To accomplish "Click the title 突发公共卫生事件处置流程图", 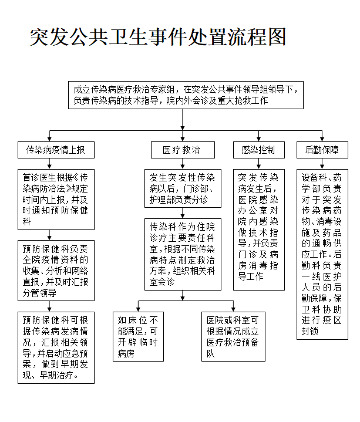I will coord(158,36).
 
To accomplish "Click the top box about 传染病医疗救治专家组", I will coord(186,96).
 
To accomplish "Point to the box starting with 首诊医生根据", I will coord(56,199).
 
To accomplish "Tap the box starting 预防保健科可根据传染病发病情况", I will coord(56,347).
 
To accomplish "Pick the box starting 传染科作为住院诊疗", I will coord(183,254).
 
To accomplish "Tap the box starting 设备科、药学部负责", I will coord(322,254).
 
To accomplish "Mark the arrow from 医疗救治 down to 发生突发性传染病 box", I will coord(182,164).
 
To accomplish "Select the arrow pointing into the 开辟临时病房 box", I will coord(138,306).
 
